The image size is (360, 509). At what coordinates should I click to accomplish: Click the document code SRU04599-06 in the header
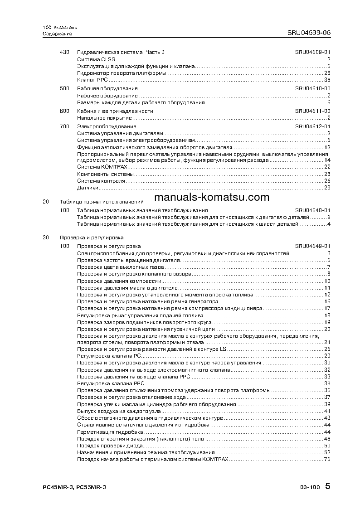click(309, 33)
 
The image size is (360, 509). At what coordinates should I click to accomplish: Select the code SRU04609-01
click(312, 53)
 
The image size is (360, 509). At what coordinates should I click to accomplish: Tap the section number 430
click(64, 53)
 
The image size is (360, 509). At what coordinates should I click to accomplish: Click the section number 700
click(64, 126)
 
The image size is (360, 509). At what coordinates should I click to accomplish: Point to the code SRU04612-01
click(312, 126)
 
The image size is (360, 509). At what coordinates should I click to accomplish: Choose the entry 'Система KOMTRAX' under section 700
click(94, 167)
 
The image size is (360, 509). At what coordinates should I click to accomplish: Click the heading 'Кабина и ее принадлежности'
click(115, 111)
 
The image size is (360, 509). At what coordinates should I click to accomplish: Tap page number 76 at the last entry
click(327, 460)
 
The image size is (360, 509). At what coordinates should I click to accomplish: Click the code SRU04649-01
click(312, 246)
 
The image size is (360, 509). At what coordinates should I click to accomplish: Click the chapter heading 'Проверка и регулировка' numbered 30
click(92, 238)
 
